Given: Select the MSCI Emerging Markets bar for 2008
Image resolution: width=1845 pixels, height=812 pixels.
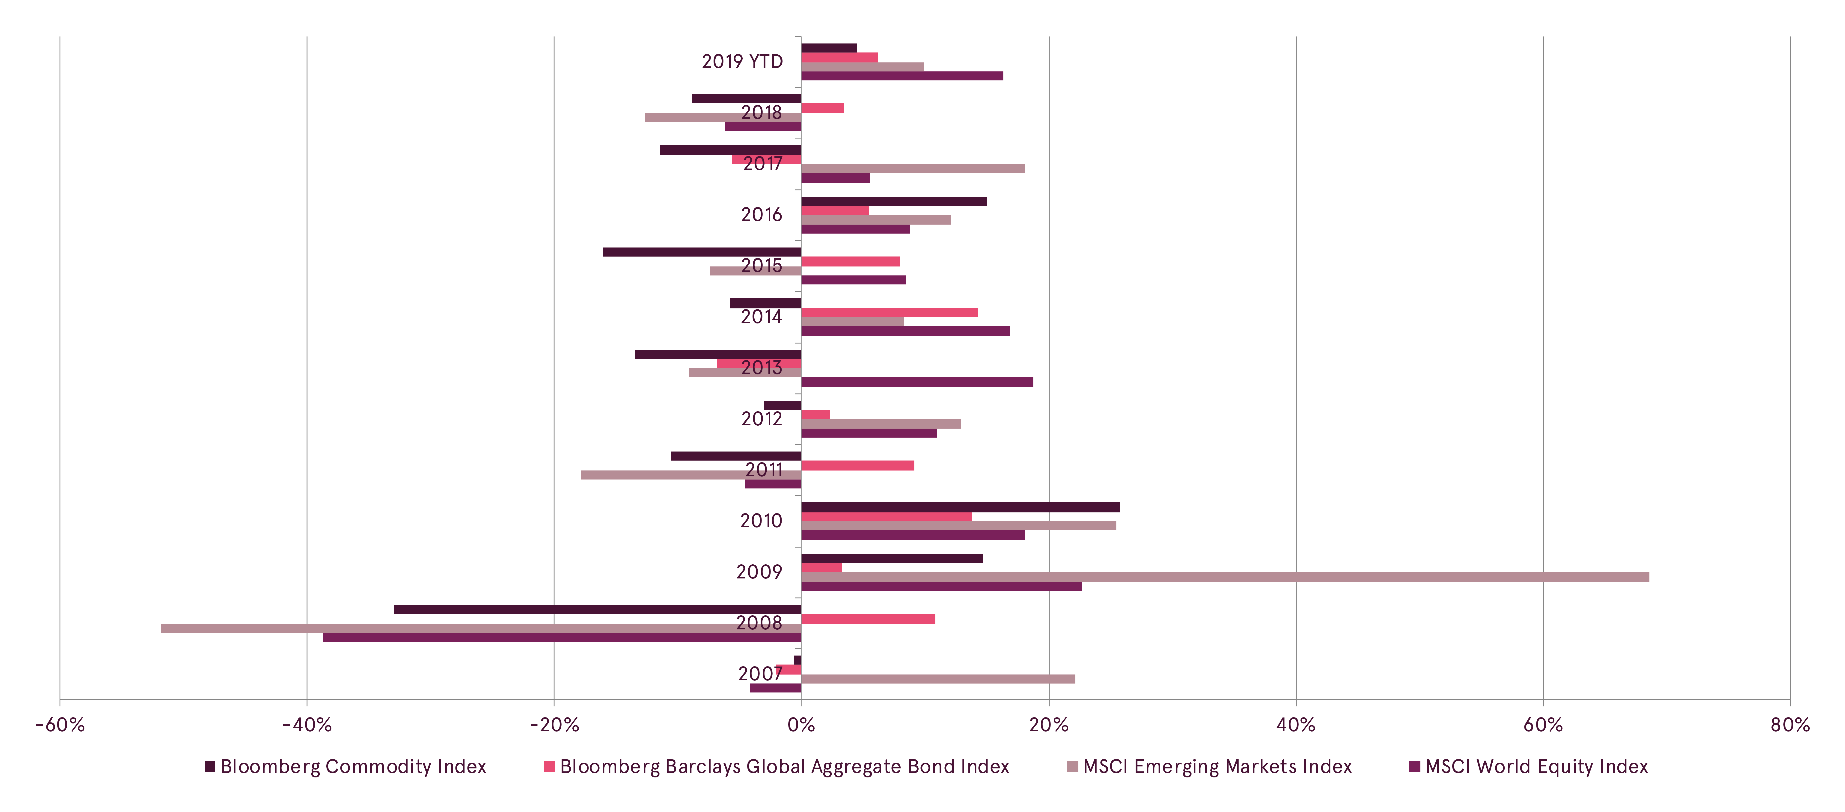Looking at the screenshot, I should coord(480,628).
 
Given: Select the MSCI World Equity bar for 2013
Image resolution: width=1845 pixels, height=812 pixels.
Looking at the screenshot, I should coord(917,382).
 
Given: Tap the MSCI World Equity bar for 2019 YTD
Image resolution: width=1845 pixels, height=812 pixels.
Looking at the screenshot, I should coord(902,76).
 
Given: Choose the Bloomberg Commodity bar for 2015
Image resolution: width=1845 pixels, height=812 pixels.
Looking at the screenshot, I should coord(702,252).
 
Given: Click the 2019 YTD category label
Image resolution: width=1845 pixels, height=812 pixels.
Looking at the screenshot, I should coord(742,62).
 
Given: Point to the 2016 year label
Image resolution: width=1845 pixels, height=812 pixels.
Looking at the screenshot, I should coord(761,215).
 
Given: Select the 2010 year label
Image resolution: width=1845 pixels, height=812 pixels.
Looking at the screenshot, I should coord(761,521).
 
